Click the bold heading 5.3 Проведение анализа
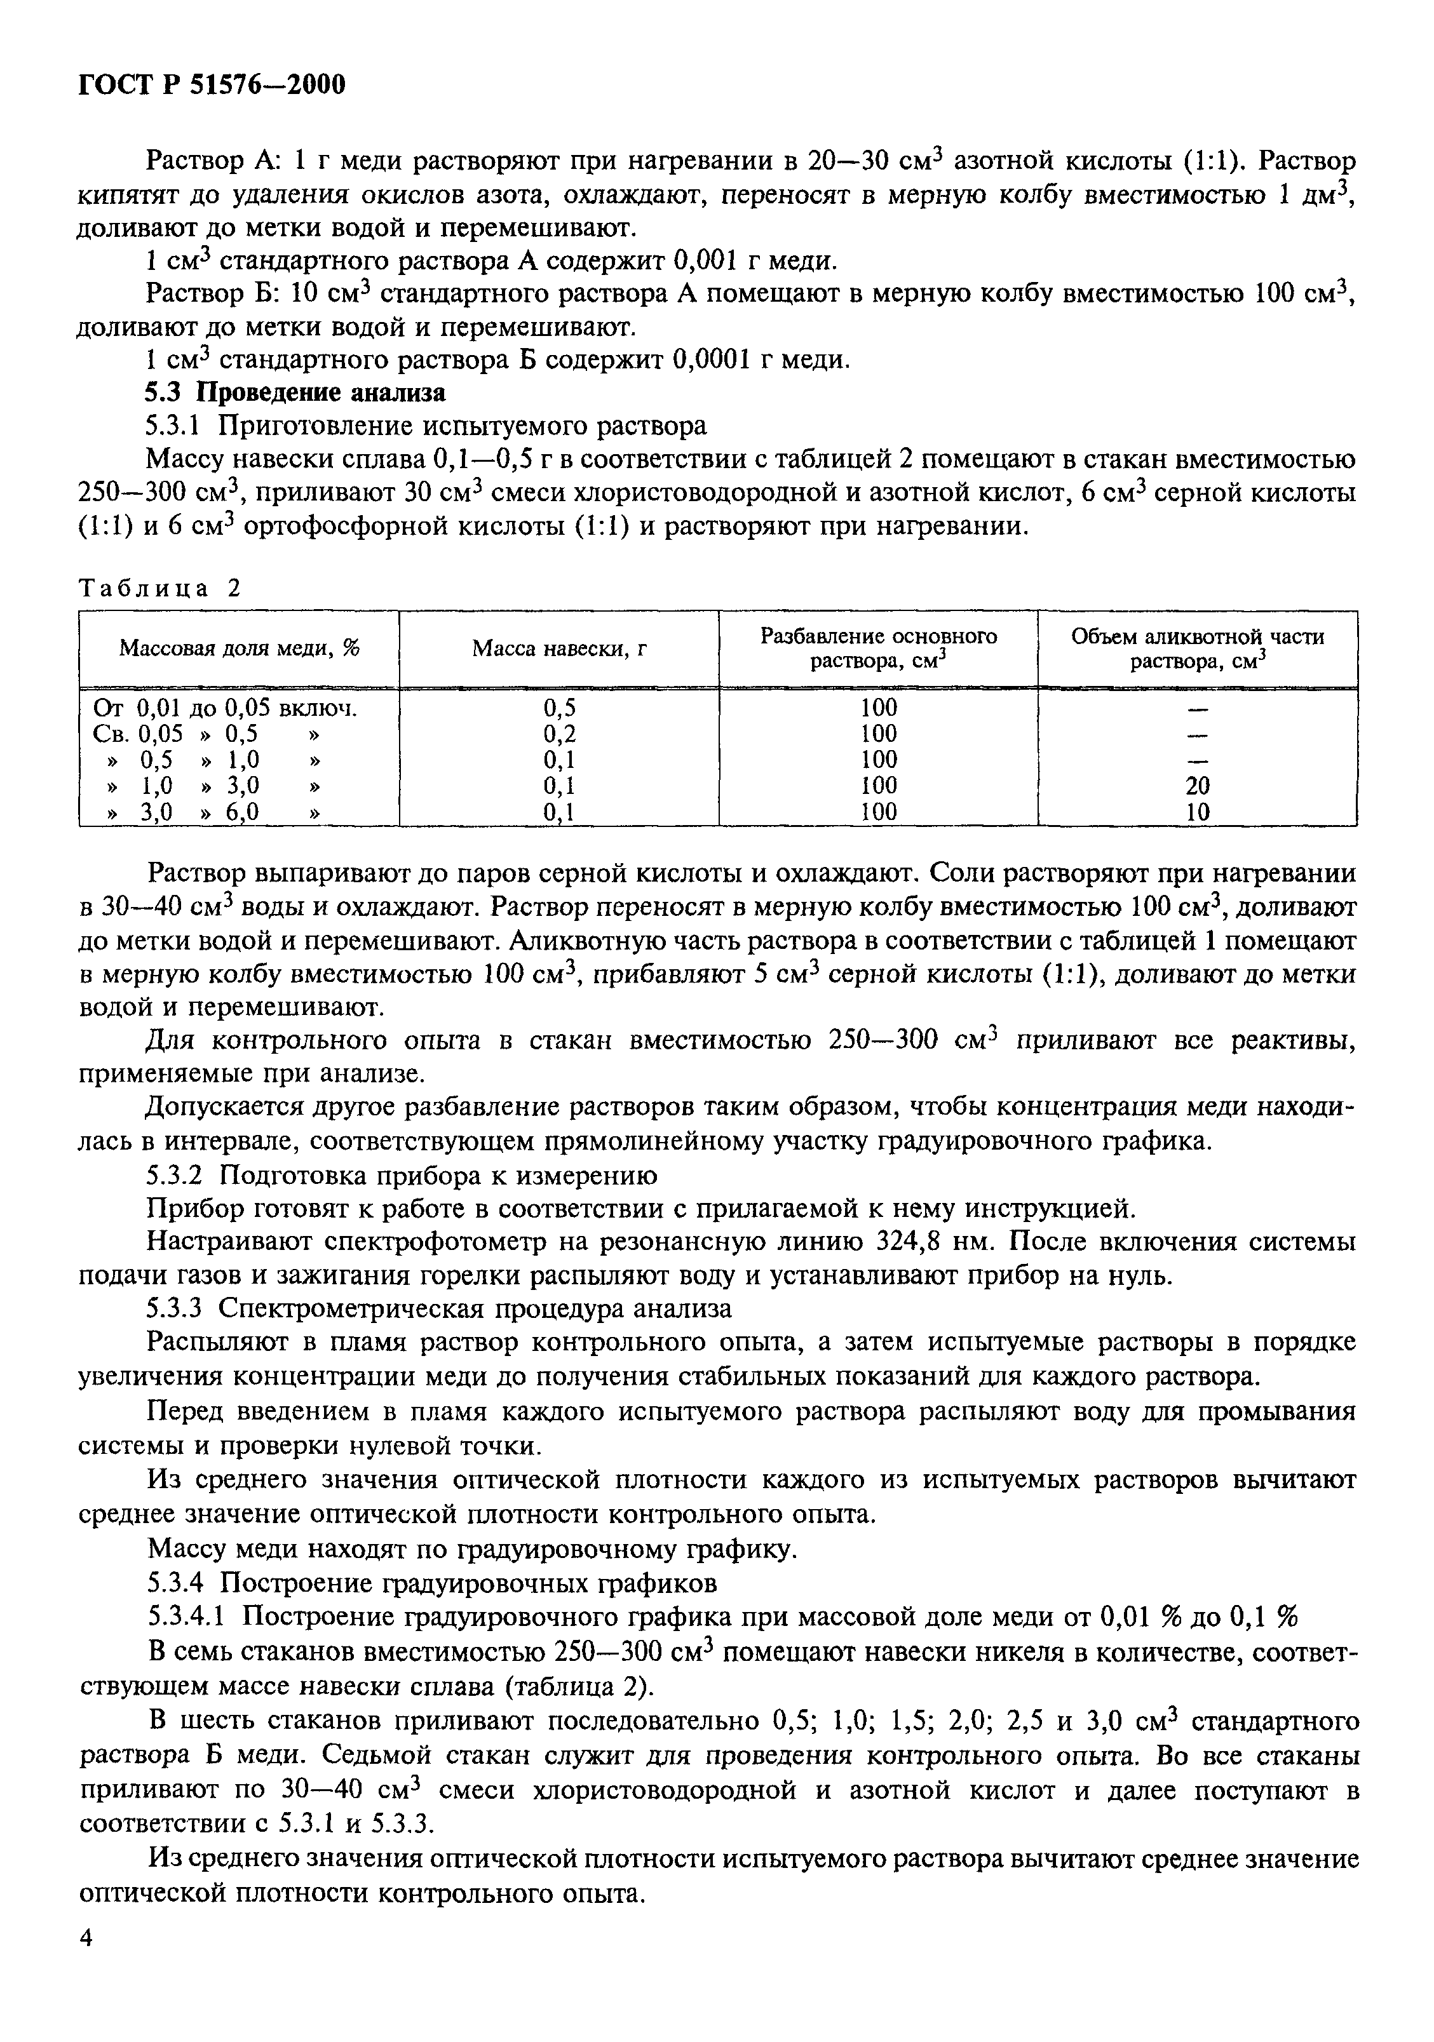point(295,393)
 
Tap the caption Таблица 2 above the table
point(160,588)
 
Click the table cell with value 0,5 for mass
point(558,708)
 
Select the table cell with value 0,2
point(558,734)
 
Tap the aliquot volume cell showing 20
point(1198,785)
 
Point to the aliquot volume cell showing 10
point(1198,811)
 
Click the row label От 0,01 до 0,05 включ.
point(224,708)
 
